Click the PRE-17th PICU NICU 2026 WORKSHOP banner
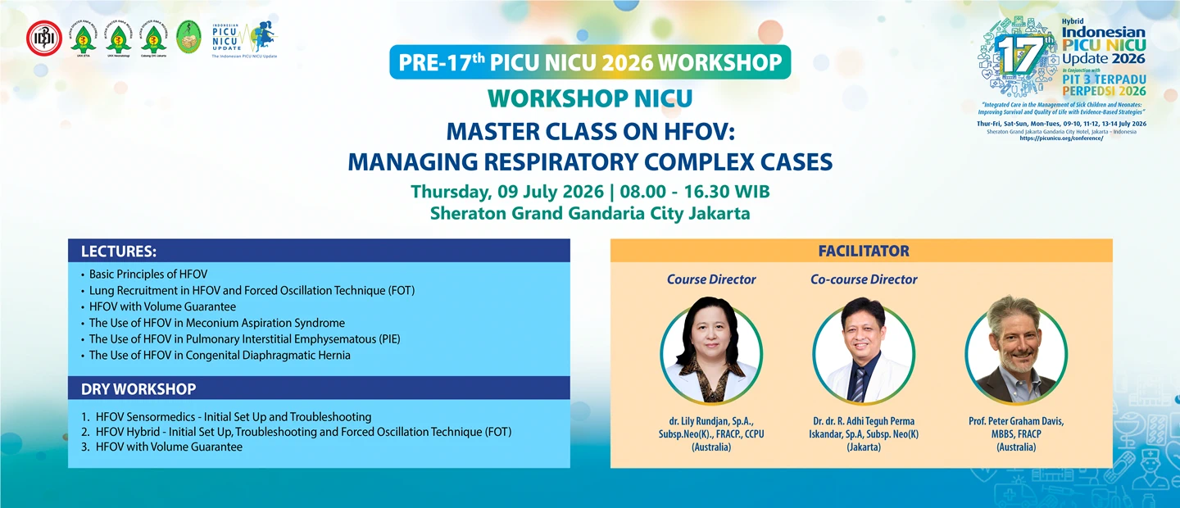[x=590, y=62]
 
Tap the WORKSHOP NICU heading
[x=590, y=98]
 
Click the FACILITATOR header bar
[x=863, y=251]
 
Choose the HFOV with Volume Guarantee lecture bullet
[x=162, y=306]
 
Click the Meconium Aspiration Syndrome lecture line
[x=216, y=323]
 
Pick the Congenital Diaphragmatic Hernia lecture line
[x=220, y=356]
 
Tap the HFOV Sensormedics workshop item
[x=233, y=417]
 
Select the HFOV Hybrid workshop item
[x=303, y=432]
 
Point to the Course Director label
[x=711, y=279]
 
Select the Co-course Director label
[x=864, y=279]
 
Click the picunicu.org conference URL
[x=1061, y=138]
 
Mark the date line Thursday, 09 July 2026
[x=590, y=192]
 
